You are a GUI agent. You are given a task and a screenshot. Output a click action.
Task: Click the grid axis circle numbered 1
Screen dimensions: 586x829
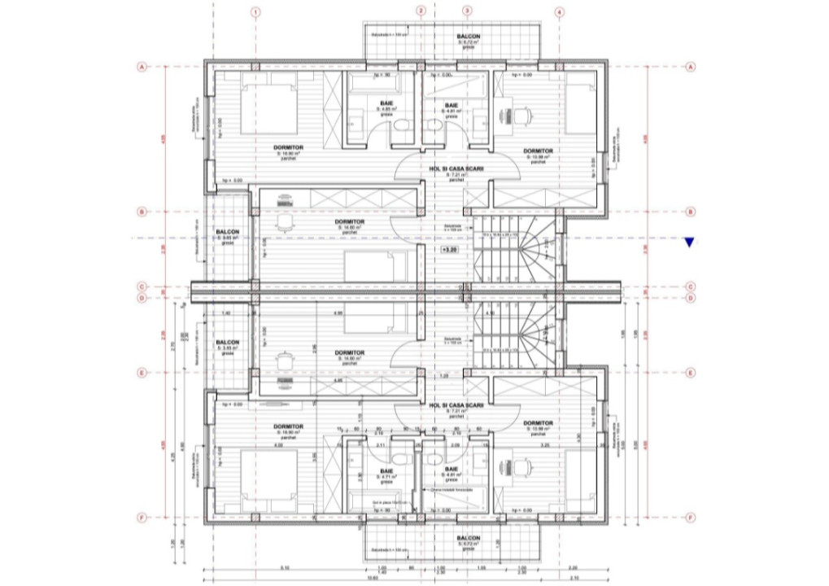pos(255,12)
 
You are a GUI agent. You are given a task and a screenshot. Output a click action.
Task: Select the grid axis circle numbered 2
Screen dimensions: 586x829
pos(421,11)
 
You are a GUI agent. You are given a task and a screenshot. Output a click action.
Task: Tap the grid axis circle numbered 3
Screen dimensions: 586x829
pos(467,11)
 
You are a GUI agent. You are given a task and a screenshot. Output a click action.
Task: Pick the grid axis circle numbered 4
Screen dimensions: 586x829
pos(559,12)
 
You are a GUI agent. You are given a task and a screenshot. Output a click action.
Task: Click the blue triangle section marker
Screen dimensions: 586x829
pos(690,242)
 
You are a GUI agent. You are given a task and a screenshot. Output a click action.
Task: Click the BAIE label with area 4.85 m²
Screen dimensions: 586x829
pos(386,105)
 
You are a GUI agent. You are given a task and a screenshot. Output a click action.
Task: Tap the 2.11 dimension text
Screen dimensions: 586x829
pos(380,444)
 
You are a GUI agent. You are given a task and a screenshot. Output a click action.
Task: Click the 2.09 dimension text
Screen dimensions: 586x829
pos(454,444)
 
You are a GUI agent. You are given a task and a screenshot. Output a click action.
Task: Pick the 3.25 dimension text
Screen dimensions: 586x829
pos(545,444)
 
